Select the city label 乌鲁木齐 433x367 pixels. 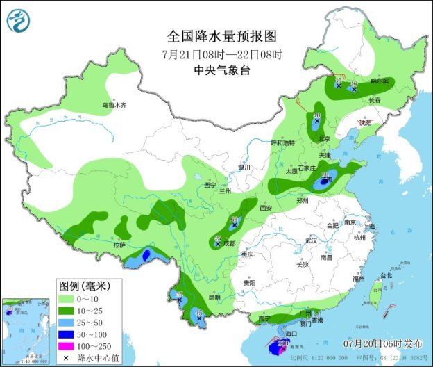click(115, 105)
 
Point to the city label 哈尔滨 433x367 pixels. click(381, 81)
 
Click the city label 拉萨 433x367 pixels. click(119, 245)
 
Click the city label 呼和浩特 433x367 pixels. click(282, 142)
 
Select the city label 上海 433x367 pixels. click(368, 227)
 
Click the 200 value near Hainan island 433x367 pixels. click(283, 343)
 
